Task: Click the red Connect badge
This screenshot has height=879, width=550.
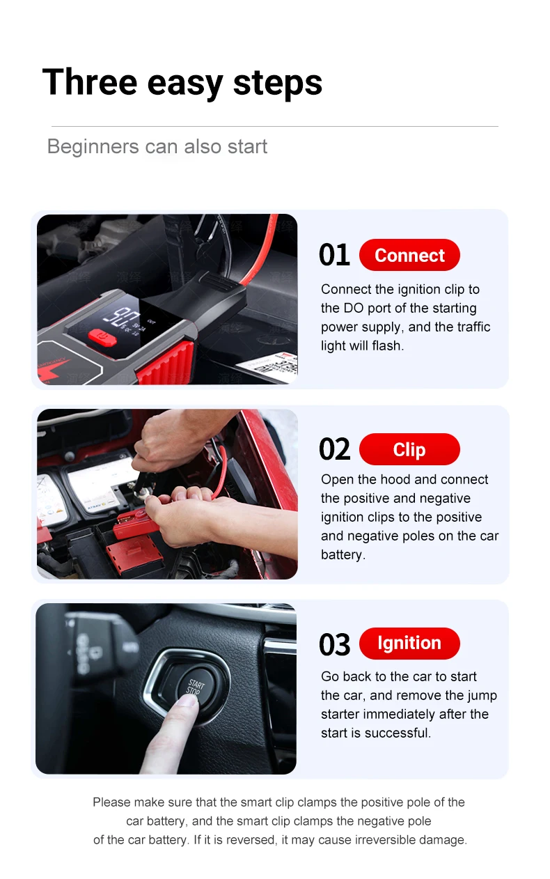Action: coord(409,255)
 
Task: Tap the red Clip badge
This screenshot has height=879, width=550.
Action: coord(409,449)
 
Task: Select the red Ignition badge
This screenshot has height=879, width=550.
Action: coord(409,643)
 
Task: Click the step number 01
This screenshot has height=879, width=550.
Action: coord(334,255)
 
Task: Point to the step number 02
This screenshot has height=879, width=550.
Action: coord(334,449)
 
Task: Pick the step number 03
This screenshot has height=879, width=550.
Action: coord(334,644)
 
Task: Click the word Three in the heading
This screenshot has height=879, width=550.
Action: coord(89,82)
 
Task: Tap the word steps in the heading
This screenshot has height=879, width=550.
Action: coord(278,84)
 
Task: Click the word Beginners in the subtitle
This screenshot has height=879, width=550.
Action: coord(93,147)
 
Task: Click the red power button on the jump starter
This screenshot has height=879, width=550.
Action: coord(102,338)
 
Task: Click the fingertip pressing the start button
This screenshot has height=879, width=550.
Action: coord(187,701)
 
